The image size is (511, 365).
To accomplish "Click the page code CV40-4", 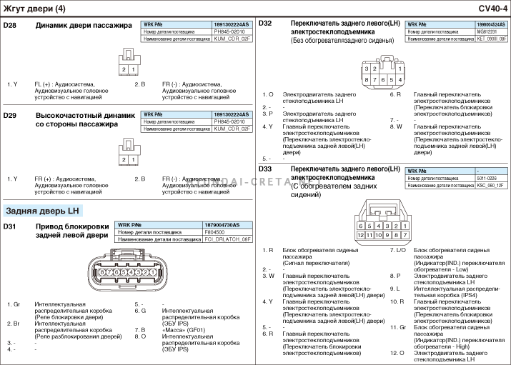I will (492, 8).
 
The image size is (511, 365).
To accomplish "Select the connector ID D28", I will (10, 26).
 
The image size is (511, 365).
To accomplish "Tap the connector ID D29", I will (10, 116).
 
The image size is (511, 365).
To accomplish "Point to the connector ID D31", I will (10, 226).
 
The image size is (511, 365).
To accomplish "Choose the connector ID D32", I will (265, 23).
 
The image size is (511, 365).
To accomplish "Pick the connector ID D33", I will (265, 169).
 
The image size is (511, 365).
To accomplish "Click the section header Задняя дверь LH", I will (43, 211).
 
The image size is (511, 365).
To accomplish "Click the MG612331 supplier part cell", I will (487, 31).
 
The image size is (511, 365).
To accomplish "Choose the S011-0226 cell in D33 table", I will (487, 178).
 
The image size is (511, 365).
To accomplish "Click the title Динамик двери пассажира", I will (84, 26).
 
